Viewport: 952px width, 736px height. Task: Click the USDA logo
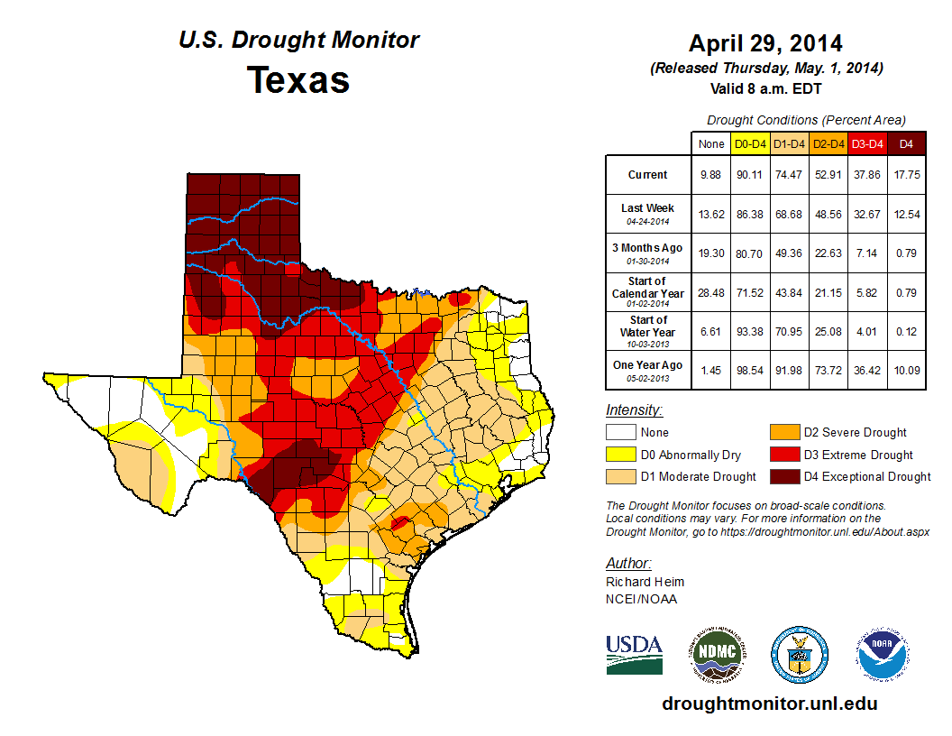tap(634, 654)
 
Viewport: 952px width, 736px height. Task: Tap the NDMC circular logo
tap(717, 654)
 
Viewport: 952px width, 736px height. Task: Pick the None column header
tap(711, 143)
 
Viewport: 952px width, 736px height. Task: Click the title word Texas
tap(298, 79)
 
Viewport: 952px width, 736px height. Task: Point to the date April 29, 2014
tap(765, 43)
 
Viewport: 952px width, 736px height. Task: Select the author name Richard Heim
tap(645, 582)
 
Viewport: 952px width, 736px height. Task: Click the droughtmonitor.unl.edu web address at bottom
tap(769, 704)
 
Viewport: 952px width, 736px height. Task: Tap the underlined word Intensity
tap(634, 410)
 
